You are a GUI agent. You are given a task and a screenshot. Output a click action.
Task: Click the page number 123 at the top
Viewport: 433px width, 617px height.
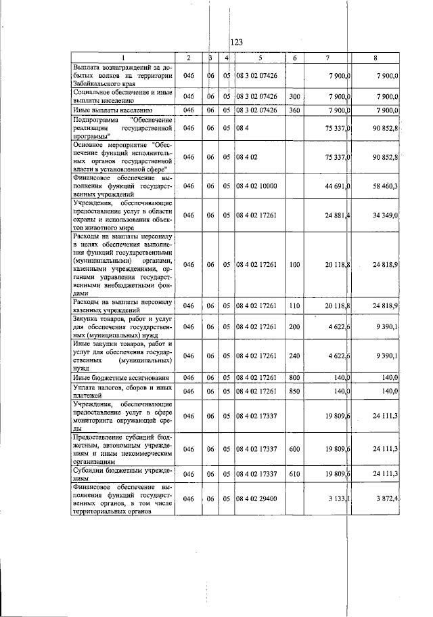[x=236, y=43]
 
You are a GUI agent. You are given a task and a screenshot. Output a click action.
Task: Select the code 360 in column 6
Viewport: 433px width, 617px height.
[x=294, y=109]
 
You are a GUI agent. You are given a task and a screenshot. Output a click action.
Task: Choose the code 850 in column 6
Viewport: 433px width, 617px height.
[x=294, y=391]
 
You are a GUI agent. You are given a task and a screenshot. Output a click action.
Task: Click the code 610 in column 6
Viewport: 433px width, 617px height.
[x=294, y=473]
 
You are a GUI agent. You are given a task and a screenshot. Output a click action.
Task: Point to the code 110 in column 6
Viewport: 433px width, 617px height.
[x=294, y=306]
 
